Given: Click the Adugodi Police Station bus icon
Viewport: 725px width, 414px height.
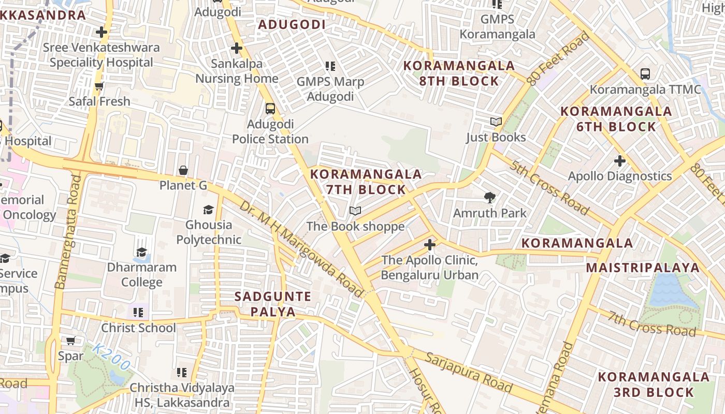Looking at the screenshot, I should (270, 109).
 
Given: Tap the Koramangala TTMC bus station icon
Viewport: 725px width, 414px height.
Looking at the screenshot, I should (645, 73).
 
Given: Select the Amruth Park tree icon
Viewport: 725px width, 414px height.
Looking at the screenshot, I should (489, 197).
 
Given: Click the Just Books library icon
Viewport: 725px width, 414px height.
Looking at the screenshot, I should (496, 122).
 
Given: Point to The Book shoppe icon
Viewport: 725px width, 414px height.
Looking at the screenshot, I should (355, 211).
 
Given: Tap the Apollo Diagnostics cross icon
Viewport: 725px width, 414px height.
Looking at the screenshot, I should (619, 160).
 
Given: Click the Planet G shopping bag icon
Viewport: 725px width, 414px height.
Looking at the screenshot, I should (183, 170).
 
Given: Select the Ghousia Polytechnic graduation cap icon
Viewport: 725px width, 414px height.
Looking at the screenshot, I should (208, 210).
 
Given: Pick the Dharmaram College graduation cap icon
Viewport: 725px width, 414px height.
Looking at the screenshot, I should (141, 252).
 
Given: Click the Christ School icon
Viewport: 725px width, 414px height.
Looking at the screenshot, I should (138, 313).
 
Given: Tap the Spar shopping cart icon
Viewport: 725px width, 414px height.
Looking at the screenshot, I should (70, 341).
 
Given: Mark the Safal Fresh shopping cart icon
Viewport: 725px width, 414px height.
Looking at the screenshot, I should (99, 86).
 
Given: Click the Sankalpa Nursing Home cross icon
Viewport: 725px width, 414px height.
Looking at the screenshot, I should (236, 48).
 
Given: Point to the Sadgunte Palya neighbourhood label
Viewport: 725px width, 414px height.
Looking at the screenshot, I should (273, 304).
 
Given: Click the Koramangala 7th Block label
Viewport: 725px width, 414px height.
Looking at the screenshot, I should (366, 182).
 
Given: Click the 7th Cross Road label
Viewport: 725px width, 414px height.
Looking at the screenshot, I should (651, 324).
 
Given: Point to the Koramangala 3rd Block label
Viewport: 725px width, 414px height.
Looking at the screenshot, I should (654, 385).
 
